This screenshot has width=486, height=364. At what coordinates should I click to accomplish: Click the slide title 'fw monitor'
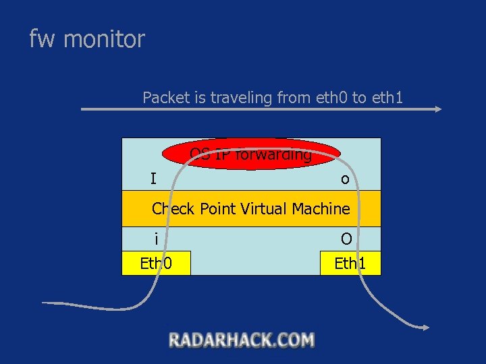87,39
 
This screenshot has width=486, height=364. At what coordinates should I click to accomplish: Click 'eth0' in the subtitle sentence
331,98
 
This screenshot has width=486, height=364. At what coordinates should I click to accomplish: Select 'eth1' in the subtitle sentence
387,98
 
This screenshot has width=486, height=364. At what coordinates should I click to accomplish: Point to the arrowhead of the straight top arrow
439,109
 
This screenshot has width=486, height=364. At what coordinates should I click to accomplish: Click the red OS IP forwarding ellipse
251,154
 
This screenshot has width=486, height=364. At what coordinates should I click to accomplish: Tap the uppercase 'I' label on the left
153,179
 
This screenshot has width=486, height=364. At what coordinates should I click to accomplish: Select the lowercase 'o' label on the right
345,179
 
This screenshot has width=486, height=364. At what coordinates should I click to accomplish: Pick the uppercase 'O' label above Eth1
346,239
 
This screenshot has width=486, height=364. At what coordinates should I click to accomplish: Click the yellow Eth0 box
156,263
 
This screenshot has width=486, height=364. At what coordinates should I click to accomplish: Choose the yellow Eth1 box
350,263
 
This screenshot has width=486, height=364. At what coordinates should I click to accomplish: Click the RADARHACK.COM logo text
242,340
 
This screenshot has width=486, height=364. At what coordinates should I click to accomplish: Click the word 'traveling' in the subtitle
242,98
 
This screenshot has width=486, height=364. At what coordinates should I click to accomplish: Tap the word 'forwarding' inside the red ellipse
279,155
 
